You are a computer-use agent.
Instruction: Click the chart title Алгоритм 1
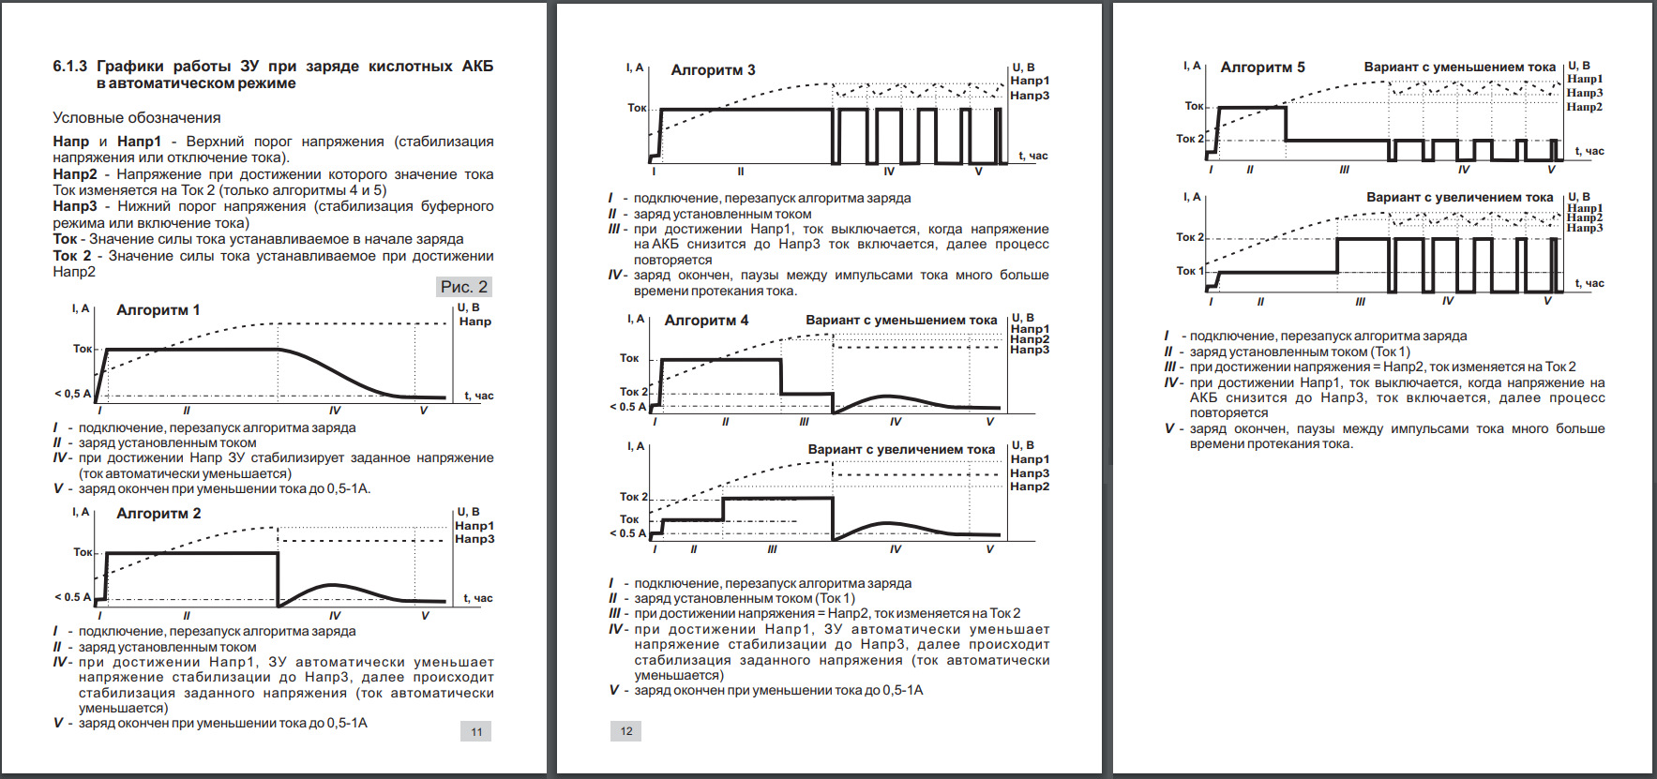pos(158,310)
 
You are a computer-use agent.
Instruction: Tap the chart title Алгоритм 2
pos(158,514)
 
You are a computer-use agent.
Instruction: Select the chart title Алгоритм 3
pos(713,70)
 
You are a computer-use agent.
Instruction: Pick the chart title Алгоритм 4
pos(706,321)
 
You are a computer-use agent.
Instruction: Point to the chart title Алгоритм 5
pos(1262,67)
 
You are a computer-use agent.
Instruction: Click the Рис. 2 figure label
pos(464,287)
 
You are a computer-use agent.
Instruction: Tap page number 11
pos(476,732)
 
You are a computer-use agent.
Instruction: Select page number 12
pos(626,731)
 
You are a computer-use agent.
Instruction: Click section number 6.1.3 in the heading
pos(70,67)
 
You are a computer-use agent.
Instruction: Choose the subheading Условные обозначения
pos(137,118)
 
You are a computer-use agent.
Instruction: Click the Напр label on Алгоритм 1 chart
pos(475,322)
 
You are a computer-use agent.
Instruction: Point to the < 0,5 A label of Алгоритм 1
pos(73,394)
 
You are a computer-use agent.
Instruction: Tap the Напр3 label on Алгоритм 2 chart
pos(475,539)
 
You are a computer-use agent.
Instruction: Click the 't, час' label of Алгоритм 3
pos(1033,156)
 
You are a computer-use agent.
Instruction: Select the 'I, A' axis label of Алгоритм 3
pos(635,67)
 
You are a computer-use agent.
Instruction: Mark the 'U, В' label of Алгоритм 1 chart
pos(468,307)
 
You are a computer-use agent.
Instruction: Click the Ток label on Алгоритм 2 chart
pos(83,552)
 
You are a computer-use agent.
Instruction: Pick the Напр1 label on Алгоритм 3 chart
pos(1030,81)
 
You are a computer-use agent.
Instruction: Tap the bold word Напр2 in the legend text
pos(75,174)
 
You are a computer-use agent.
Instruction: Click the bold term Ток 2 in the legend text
pos(72,256)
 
